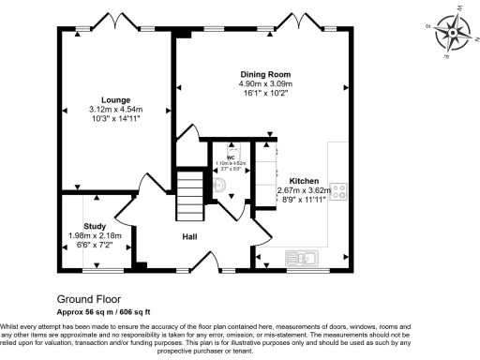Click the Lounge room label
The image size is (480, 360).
pyautogui.click(x=116, y=99)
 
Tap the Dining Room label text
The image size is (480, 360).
pyautogui.click(x=265, y=74)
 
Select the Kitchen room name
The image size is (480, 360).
pyautogui.click(x=304, y=180)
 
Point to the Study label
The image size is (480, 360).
pyautogui.click(x=94, y=226)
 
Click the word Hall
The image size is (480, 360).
pyautogui.click(x=189, y=236)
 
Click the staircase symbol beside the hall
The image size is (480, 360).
pyautogui.click(x=190, y=192)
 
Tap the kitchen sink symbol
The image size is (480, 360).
pyautogui.click(x=305, y=255)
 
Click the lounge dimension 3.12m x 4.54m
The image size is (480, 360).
pyautogui.click(x=116, y=110)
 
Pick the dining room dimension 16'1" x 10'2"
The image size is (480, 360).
pyautogui.click(x=265, y=93)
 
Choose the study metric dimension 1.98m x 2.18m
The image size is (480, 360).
pyautogui.click(x=94, y=235)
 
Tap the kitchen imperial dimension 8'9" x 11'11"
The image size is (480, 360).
pyautogui.click(x=304, y=199)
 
